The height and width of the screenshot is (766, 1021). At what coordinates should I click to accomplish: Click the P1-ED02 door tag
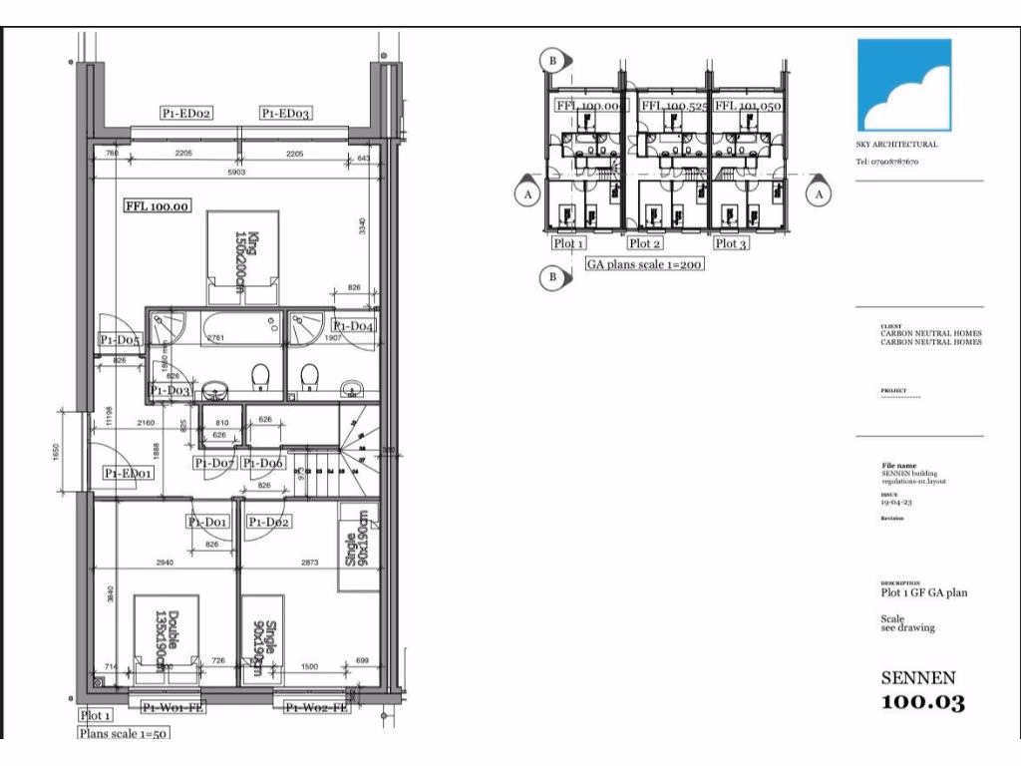[186, 114]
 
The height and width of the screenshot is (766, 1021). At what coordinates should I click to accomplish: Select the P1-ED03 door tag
[286, 114]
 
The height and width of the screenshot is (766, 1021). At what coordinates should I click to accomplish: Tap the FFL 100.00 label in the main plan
[157, 207]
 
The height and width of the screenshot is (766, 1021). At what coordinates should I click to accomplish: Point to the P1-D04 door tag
[354, 326]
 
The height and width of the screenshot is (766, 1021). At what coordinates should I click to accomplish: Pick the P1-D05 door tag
[120, 340]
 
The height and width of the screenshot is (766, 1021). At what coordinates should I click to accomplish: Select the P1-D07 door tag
[215, 464]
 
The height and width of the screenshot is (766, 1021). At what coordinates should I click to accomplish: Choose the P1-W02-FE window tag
[316, 708]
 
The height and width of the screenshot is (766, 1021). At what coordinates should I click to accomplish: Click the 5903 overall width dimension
[235, 173]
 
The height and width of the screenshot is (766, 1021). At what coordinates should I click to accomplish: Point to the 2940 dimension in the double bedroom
[166, 563]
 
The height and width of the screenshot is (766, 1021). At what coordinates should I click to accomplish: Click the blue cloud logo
[905, 86]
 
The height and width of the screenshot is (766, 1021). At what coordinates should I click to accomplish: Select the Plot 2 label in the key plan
[644, 243]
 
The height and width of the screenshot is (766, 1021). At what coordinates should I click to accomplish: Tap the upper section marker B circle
[550, 61]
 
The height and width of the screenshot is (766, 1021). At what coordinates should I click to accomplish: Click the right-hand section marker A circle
[820, 195]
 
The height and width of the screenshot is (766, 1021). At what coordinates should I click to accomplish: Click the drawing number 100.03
[923, 702]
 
